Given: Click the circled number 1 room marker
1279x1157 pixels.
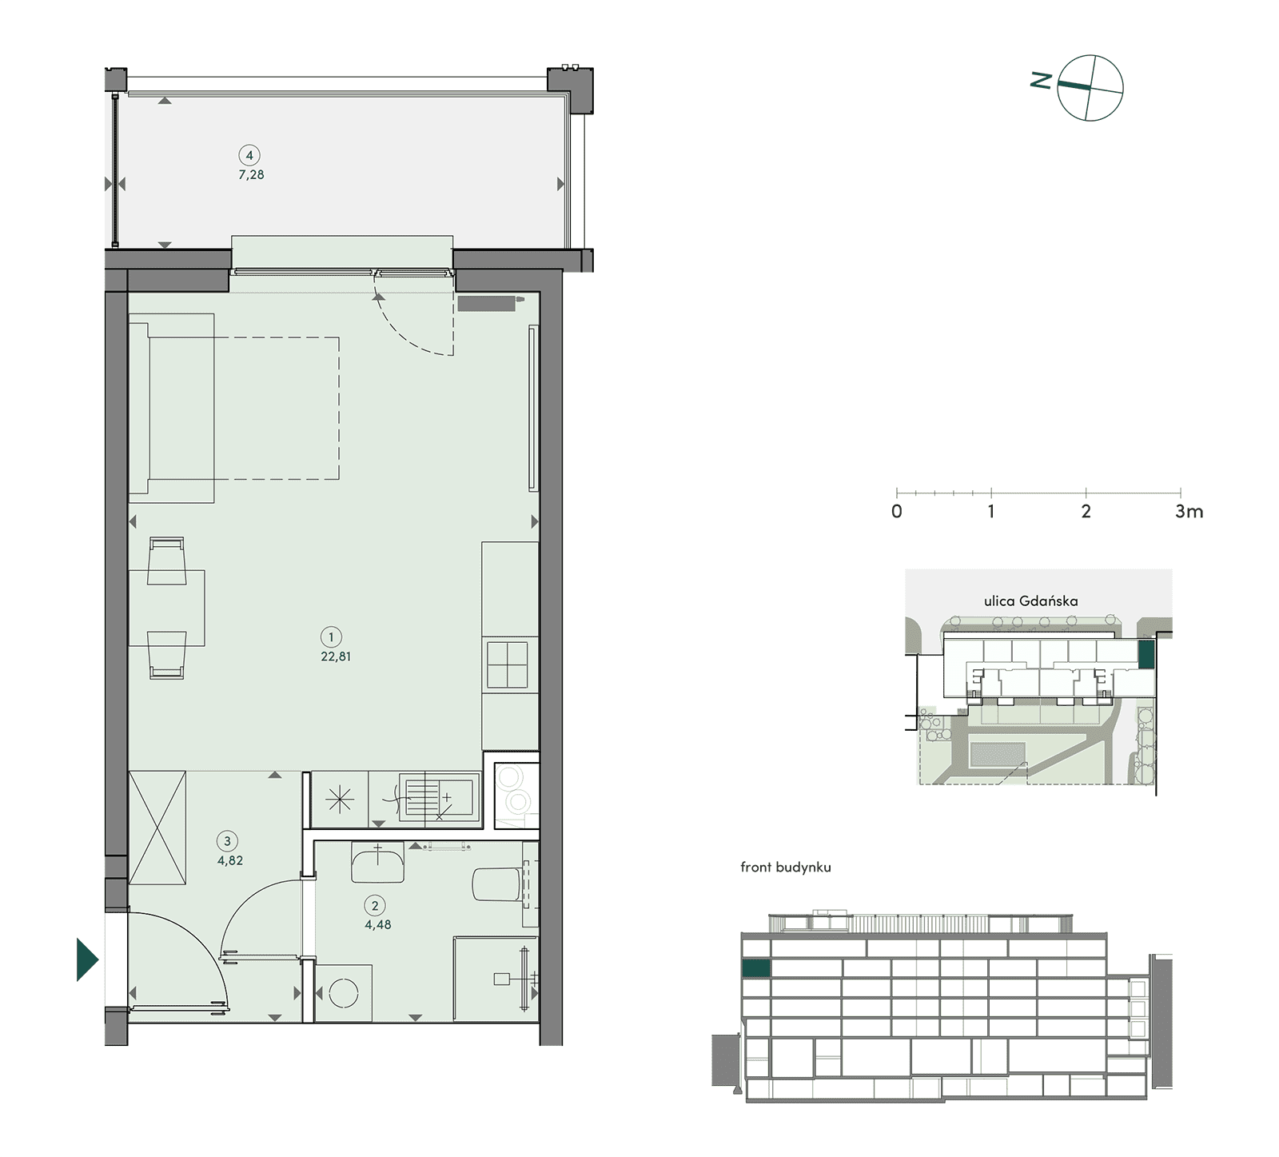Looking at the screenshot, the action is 331,637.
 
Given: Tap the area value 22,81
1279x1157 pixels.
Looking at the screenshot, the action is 336,657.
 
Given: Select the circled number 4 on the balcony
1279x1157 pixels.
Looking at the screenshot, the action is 249,155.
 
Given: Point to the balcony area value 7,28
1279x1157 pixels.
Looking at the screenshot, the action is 251,175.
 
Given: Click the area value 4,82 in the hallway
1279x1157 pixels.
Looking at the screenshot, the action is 230,861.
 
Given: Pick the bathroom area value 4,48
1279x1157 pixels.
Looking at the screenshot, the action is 378,925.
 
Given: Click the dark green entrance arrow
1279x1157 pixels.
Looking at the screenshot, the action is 87,959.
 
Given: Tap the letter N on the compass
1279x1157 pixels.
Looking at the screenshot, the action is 1041,80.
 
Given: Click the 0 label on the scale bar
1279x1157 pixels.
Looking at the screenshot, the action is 897,512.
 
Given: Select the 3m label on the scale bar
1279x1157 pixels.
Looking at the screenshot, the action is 1189,512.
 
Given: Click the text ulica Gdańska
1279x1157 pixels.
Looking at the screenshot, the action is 1031,600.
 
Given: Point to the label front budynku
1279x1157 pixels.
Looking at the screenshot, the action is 786,868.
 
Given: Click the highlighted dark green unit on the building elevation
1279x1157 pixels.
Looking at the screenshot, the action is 756,968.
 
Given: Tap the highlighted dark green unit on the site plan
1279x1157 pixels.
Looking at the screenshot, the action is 1146,654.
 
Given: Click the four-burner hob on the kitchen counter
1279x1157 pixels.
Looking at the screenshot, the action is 508,664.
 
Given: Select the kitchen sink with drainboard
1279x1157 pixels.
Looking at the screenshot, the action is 440,798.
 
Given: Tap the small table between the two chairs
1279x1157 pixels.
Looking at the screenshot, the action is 166,608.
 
